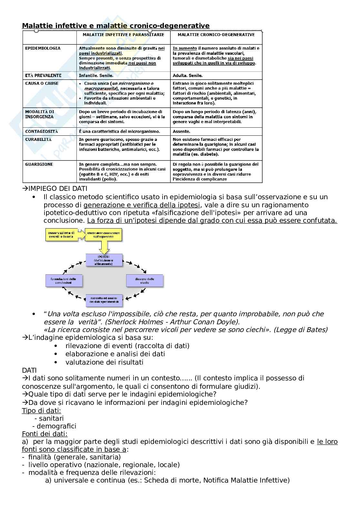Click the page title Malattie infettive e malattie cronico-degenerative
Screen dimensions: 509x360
(x=115, y=26)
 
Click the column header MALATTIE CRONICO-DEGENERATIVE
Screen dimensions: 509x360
(x=216, y=35)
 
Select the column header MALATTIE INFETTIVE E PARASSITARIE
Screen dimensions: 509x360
(x=123, y=35)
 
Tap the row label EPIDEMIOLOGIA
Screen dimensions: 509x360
(x=43, y=48)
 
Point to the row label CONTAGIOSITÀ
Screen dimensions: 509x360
(x=42, y=132)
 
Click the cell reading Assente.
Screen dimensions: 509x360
(x=181, y=132)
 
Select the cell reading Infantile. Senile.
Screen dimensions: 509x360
(x=96, y=76)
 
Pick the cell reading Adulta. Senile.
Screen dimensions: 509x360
(x=187, y=76)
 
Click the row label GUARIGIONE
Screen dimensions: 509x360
(x=39, y=164)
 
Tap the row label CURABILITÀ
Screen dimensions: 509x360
(x=38, y=140)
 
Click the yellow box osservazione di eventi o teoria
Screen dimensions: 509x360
(x=61, y=235)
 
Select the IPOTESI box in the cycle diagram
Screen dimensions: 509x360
(x=104, y=260)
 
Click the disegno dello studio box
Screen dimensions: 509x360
(x=145, y=280)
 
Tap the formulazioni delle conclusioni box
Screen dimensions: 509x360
(x=64, y=280)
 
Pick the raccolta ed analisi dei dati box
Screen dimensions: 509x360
(x=104, y=300)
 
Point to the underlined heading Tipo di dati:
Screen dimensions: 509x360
(x=41, y=411)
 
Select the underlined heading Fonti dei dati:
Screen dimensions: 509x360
(x=45, y=434)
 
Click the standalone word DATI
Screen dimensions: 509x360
(x=29, y=370)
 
